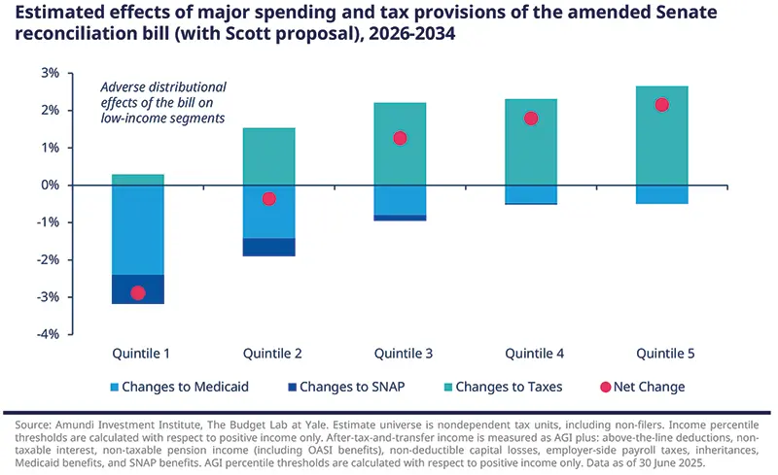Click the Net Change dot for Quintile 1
tap(138, 292)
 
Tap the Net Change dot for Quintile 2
tap(269, 199)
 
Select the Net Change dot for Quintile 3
tap(400, 138)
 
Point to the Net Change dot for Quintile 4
tap(531, 119)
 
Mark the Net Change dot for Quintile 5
tap(662, 105)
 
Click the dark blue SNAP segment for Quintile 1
tap(138, 289)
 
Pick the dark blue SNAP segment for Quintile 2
tap(269, 247)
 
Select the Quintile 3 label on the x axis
tap(400, 353)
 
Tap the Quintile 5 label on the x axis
tap(662, 353)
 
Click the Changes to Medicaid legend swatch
tap(102, 387)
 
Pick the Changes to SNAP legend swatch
tap(287, 387)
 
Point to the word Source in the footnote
tap(32, 425)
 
